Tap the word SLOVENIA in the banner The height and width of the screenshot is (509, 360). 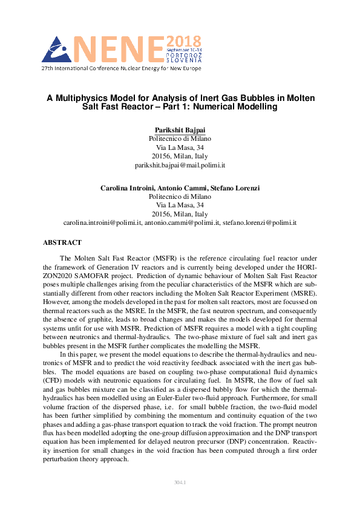coord(184,61)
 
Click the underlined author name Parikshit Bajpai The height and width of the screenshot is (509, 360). coord(180,130)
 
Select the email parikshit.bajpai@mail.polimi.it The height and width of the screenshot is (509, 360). coord(180,164)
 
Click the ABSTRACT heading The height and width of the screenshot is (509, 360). coord(62,242)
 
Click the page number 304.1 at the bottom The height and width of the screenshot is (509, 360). coord(180,483)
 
